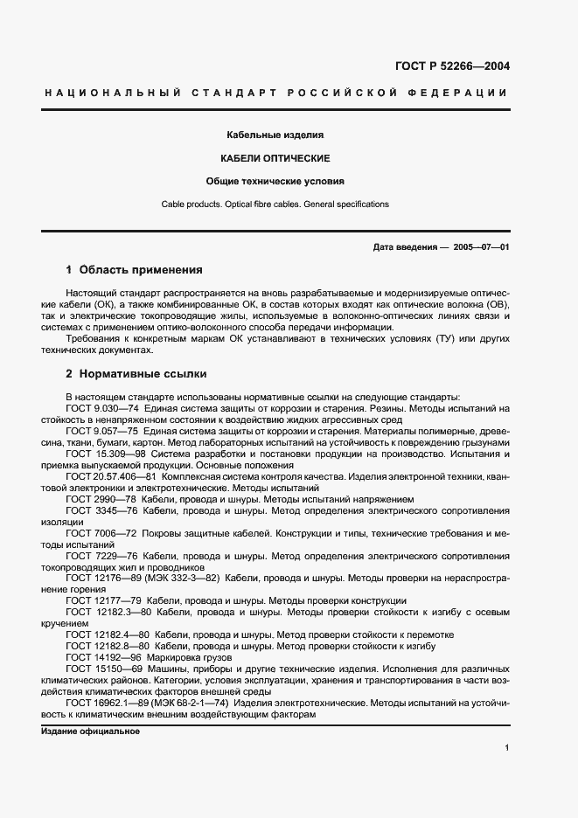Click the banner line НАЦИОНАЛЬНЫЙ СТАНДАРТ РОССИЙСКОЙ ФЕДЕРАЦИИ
coord(275,93)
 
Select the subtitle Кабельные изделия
coord(275,135)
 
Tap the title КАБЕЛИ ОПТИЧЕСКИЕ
coord(275,158)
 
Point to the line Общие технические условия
coord(275,182)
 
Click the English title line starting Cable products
coord(275,204)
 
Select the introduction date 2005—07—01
coord(481,247)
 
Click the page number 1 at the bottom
coord(507,747)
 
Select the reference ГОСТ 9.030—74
coord(101,408)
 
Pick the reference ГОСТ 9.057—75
coord(101,431)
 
